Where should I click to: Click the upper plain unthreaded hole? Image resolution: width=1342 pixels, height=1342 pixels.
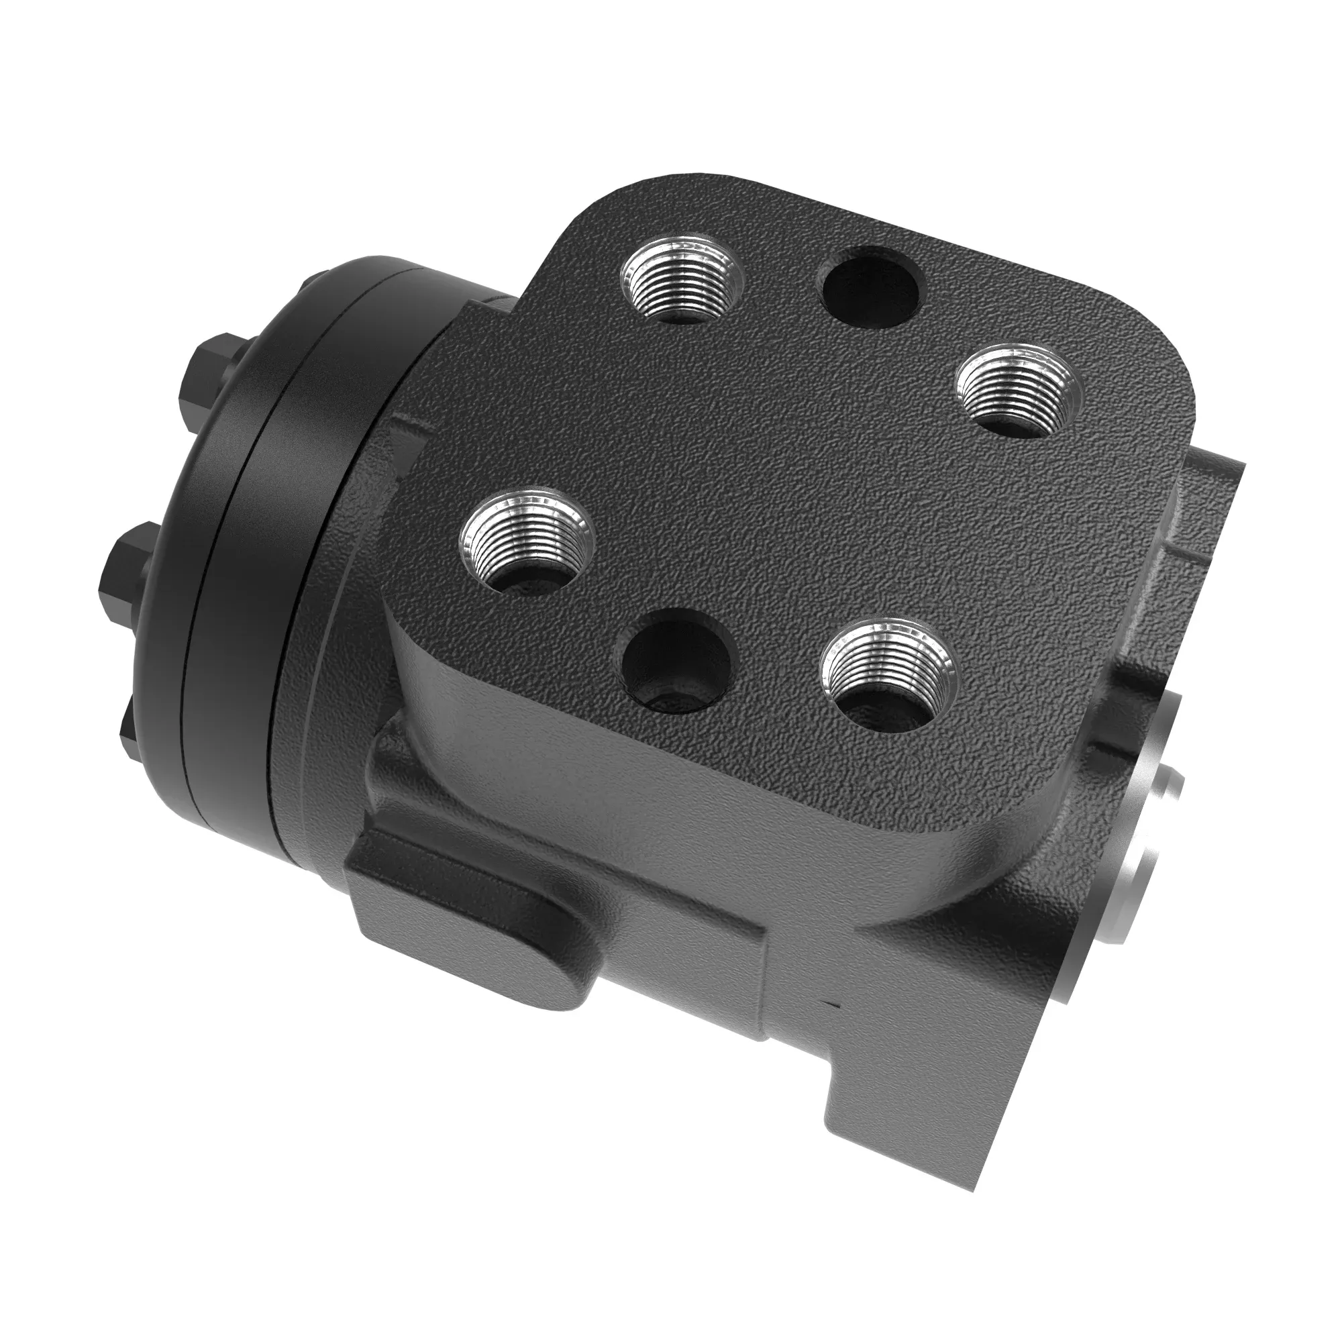[x=871, y=289]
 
